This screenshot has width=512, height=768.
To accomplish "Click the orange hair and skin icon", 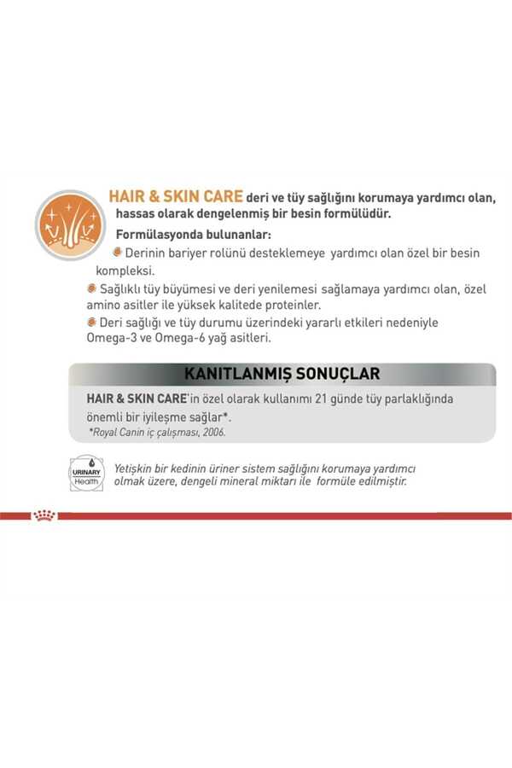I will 70,224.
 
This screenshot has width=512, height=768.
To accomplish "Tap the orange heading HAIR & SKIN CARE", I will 176,197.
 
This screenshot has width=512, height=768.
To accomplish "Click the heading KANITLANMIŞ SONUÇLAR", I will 282,374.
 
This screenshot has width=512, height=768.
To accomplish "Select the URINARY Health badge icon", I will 86,473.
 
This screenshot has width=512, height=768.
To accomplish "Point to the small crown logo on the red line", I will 44,515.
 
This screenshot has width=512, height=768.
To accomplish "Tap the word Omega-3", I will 112,339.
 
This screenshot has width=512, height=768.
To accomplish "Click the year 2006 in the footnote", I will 213,433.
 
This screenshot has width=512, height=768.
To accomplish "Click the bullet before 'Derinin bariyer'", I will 118,253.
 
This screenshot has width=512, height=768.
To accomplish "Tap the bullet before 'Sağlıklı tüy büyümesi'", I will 91,288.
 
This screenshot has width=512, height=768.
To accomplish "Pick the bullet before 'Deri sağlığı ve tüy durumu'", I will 91,323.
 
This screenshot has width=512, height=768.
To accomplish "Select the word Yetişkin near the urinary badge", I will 137,468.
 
